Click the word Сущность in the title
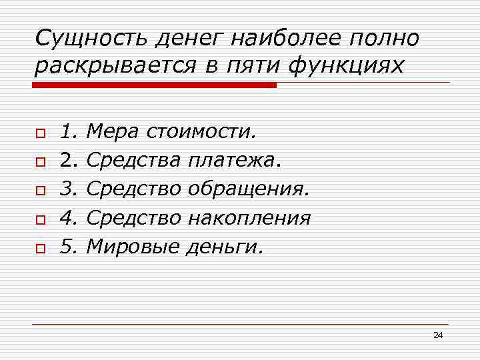[91, 39]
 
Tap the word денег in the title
[190, 39]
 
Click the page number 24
[437, 335]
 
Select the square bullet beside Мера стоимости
[39, 134]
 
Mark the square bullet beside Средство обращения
[39, 191]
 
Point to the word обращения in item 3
[249, 190]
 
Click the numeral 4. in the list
[70, 219]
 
